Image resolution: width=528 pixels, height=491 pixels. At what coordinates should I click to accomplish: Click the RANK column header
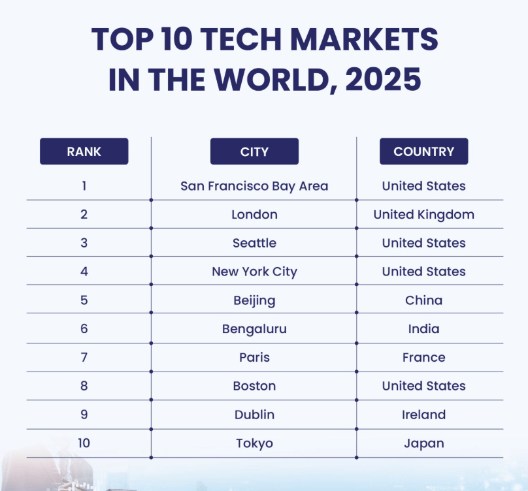click(84, 151)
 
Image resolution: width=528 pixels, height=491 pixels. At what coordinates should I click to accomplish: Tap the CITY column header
click(254, 151)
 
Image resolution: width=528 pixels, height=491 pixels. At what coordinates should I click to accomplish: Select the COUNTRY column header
click(423, 151)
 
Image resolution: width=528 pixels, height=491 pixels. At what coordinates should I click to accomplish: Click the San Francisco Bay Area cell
click(254, 186)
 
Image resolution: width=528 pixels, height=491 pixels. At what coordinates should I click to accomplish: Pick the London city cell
click(254, 214)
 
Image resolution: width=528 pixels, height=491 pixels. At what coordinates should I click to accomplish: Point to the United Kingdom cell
click(423, 214)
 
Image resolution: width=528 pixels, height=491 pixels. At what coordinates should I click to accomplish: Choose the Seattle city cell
click(254, 243)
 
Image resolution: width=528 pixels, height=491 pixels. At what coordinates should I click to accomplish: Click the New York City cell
click(254, 272)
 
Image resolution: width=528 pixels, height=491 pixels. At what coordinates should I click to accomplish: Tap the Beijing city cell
click(254, 300)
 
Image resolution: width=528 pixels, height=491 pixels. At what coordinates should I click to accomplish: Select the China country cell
click(423, 300)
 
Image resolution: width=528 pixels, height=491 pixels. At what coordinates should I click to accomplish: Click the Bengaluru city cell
click(254, 329)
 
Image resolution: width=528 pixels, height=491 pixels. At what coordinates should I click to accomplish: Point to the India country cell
click(423, 329)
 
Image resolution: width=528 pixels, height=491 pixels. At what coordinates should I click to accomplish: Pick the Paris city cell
click(254, 358)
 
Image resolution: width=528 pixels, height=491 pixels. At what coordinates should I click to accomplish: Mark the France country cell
click(423, 358)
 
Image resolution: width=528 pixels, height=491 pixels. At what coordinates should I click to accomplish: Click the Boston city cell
click(254, 386)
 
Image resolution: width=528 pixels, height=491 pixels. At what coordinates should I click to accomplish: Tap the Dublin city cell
click(254, 415)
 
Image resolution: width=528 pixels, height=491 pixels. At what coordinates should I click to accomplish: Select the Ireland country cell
click(423, 415)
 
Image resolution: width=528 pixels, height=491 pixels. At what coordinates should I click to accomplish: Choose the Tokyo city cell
click(254, 443)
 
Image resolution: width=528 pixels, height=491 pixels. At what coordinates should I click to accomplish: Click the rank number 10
click(84, 443)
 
